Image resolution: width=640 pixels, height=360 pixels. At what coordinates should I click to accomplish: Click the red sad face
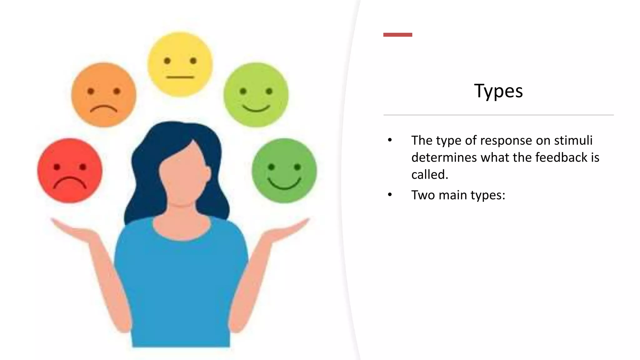tap(70, 171)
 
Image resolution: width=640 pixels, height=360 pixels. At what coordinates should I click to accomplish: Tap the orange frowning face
tap(104, 95)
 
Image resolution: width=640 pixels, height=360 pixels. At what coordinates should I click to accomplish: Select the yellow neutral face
tap(180, 64)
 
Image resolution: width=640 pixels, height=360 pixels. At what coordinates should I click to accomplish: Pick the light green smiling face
tap(256, 95)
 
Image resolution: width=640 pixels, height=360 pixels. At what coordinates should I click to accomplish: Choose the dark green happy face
tap(284, 171)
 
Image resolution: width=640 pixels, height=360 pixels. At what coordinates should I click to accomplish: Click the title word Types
tap(498, 91)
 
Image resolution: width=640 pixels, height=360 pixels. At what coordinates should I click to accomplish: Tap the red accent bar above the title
tap(397, 35)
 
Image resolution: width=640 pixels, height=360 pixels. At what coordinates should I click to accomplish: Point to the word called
tap(429, 174)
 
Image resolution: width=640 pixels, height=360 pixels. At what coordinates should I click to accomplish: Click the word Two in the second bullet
tap(423, 195)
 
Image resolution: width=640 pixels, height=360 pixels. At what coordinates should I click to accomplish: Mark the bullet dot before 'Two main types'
tap(390, 195)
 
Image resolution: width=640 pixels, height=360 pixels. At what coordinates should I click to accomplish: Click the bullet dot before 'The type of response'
tap(390, 140)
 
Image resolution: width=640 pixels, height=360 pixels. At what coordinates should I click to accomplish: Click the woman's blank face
tap(183, 175)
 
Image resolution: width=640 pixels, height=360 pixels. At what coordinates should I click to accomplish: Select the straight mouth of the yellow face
tap(180, 77)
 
